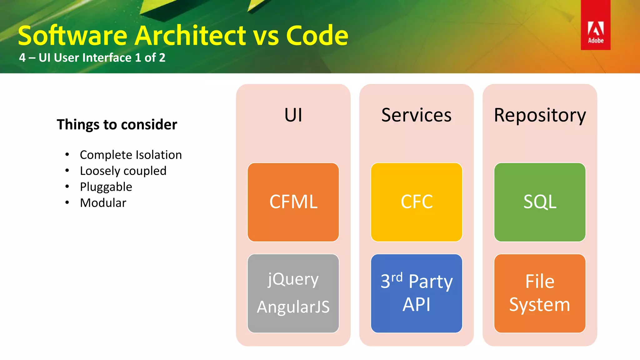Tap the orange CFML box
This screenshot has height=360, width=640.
[293, 202]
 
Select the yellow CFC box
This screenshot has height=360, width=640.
[417, 202]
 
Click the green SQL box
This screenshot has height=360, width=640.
[540, 202]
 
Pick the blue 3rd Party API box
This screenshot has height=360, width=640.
[417, 293]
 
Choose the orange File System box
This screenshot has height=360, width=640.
[540, 293]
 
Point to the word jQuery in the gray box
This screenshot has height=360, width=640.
[293, 279]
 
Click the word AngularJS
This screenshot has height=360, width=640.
[293, 307]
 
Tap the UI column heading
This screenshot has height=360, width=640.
[293, 115]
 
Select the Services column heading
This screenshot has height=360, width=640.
[417, 115]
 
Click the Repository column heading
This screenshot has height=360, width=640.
[540, 115]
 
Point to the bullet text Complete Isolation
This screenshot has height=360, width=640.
[131, 155]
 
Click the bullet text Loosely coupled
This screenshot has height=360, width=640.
[123, 171]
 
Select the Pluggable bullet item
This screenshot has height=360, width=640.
[106, 187]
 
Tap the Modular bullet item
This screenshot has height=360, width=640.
[103, 203]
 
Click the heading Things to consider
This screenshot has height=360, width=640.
[117, 124]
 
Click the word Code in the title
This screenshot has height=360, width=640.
[317, 36]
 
